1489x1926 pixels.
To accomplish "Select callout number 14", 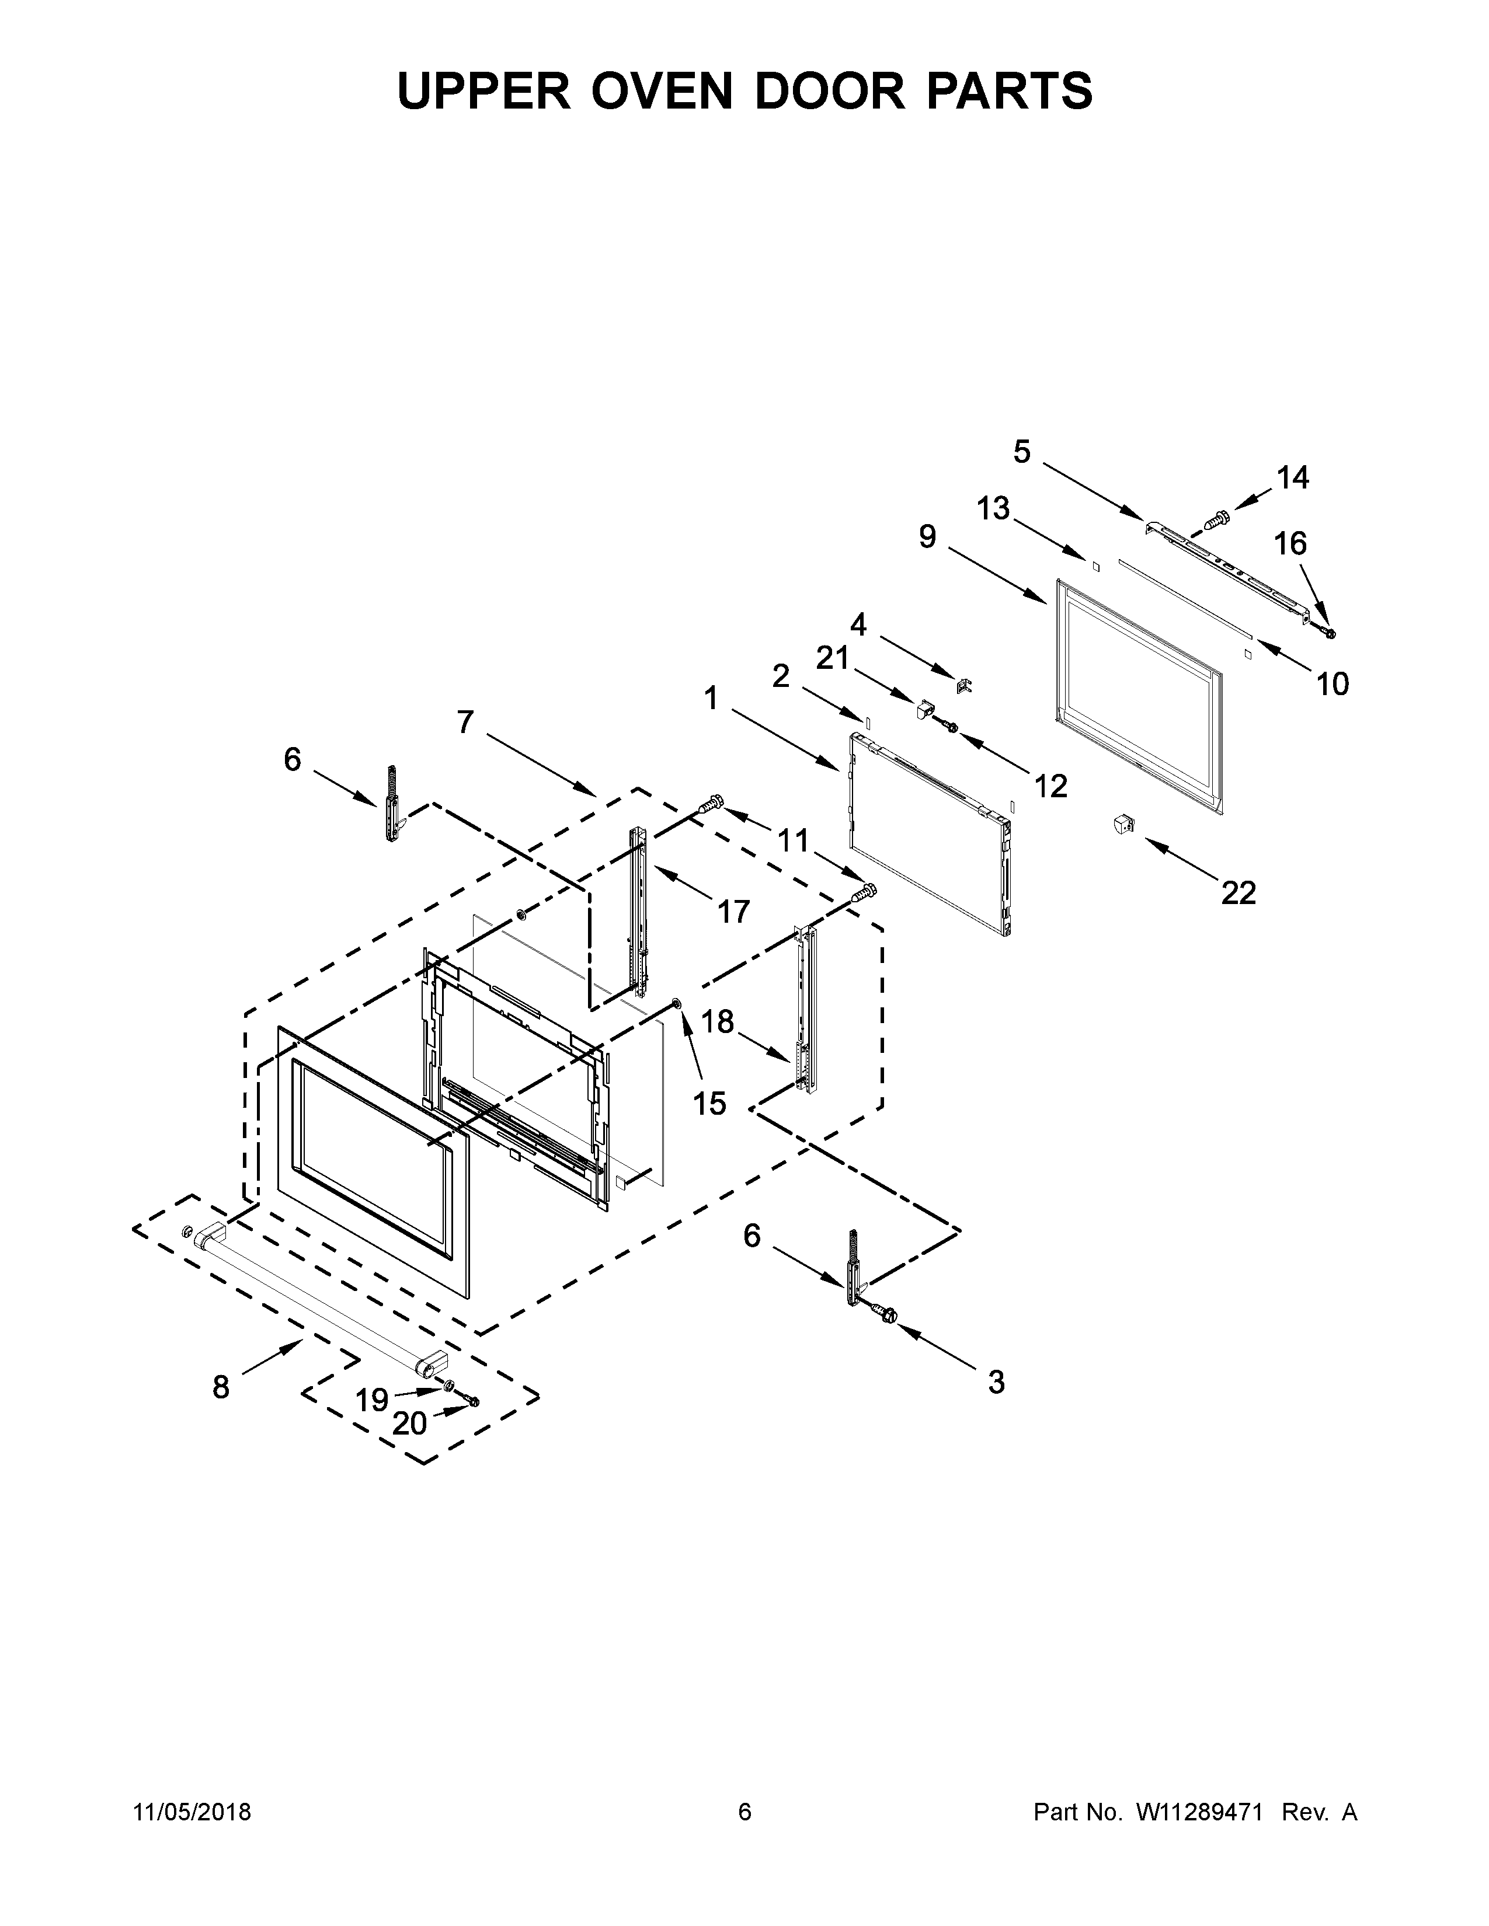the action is point(1292,478).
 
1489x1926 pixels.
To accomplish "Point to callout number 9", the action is point(927,536).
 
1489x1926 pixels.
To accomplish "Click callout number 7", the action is point(466,723).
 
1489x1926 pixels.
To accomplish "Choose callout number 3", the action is point(996,1382).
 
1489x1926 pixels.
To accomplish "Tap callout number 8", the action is point(221,1387).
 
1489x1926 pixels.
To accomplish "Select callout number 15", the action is point(709,1102).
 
